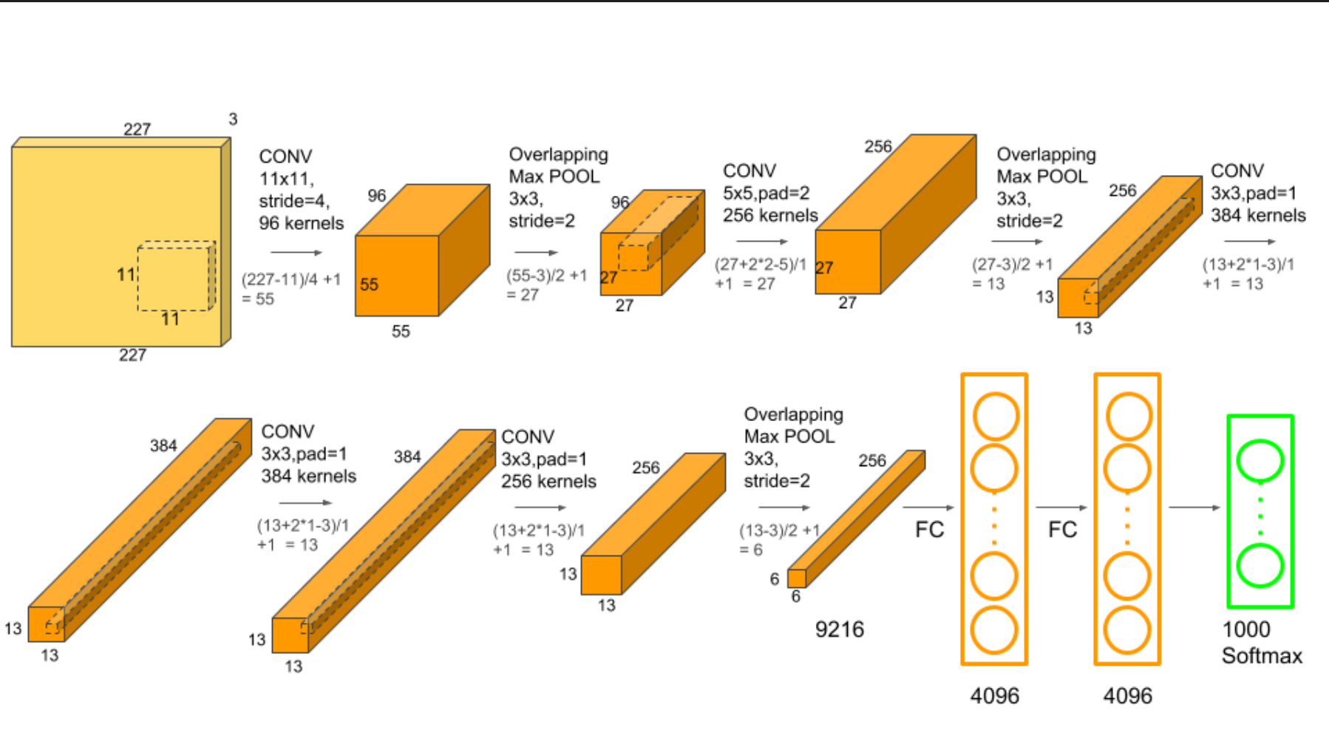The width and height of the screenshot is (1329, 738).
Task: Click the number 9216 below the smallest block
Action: tap(839, 629)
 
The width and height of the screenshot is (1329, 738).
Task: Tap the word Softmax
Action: tap(1262, 655)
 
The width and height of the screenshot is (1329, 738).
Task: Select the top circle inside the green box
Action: tap(1260, 459)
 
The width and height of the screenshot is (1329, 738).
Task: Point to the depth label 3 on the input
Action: tap(233, 119)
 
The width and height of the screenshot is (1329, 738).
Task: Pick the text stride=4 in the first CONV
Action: tap(294, 201)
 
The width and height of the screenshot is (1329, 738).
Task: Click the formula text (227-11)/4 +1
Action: tap(291, 279)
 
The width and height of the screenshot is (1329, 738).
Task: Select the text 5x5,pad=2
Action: tap(766, 193)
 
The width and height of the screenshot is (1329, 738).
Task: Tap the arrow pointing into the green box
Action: tap(1194, 508)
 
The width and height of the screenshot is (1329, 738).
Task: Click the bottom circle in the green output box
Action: tap(1260, 565)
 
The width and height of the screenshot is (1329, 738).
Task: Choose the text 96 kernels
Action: tap(301, 223)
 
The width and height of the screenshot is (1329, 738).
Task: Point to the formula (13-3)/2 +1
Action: tap(780, 530)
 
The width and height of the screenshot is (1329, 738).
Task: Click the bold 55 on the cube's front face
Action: tap(369, 284)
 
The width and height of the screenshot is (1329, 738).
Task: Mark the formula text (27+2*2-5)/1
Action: tap(760, 264)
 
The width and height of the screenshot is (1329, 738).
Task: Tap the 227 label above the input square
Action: tap(137, 129)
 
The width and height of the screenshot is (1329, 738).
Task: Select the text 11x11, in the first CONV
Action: tap(286, 179)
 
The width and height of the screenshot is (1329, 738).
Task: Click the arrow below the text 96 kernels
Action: tap(296, 253)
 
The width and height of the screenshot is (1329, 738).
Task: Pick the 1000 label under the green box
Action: tap(1245, 629)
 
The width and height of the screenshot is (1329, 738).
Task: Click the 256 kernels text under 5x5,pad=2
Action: tap(770, 215)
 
